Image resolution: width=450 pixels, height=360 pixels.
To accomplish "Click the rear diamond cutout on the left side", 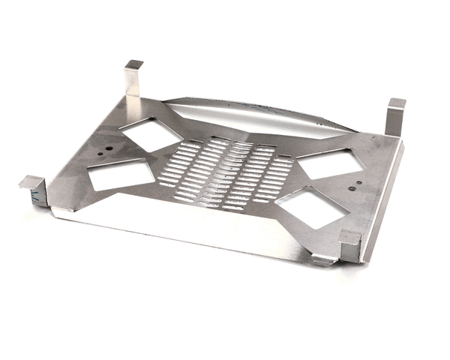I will (x=150, y=134).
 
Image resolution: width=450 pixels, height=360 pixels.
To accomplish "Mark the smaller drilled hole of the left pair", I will (x=112, y=148).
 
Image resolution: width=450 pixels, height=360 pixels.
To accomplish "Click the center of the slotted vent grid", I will (x=224, y=173).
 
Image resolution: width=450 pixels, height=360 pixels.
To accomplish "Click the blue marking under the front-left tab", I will (x=34, y=198).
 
